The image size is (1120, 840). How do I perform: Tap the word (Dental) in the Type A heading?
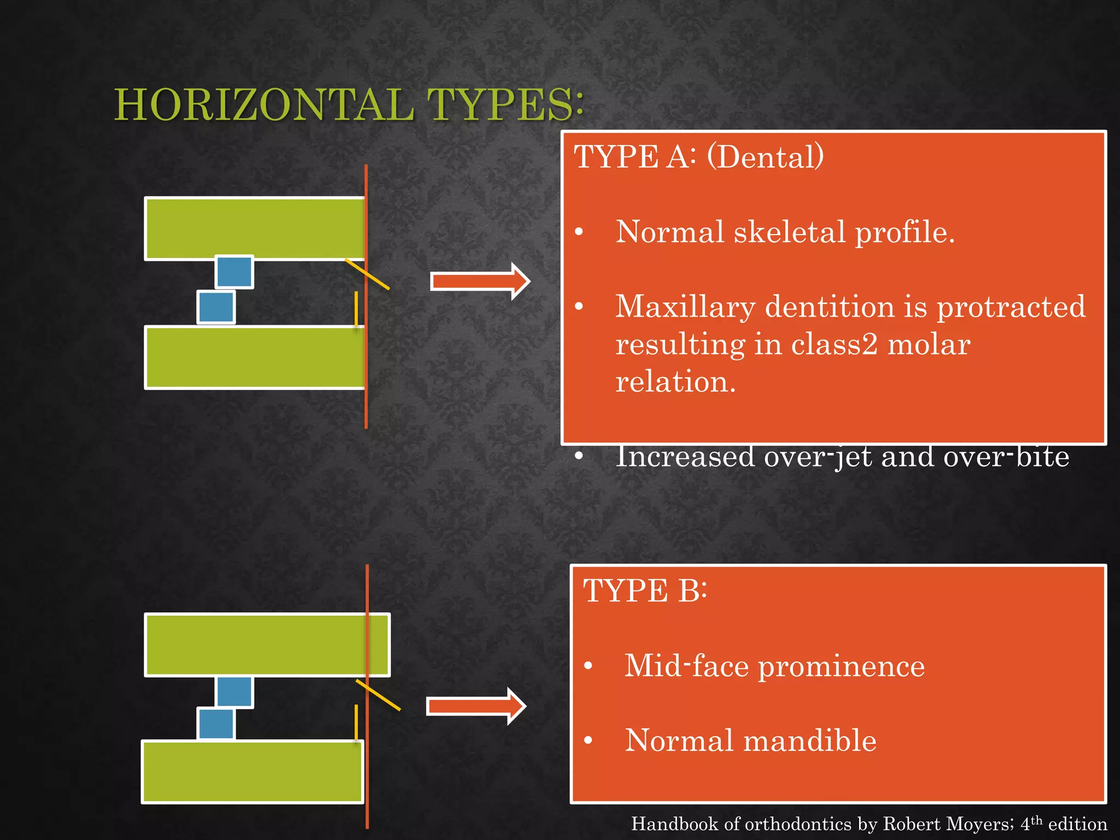tap(765, 157)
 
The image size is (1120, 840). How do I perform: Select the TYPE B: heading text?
tap(645, 591)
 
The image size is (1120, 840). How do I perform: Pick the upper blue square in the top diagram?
tap(234, 272)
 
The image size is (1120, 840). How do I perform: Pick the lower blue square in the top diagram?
tap(216, 307)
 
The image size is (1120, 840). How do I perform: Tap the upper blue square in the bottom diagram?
tap(234, 691)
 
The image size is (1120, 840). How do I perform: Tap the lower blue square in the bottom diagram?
tap(216, 724)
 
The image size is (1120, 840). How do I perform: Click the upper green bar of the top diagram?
tap(254, 228)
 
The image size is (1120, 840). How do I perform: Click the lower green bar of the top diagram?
tap(254, 357)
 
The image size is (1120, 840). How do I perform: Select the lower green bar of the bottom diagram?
tap(252, 772)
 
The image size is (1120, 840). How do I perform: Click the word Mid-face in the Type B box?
tap(686, 666)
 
